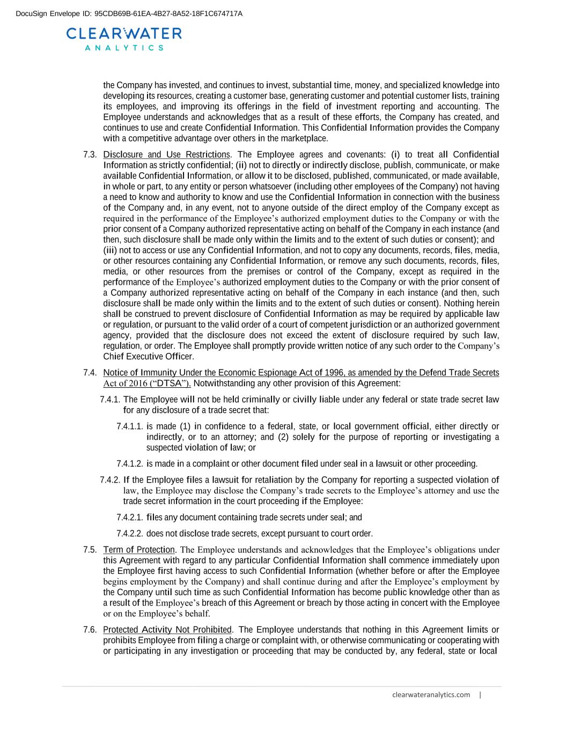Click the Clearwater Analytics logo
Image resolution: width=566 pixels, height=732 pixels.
pos(124,39)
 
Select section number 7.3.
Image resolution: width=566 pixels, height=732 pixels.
pos(90,155)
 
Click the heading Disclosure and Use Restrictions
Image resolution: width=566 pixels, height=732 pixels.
pos(166,155)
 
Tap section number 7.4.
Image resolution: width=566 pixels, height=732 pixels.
pos(90,373)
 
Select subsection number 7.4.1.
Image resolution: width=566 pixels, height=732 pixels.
pos(110,400)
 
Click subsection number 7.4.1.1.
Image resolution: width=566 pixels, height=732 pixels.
pos(129,426)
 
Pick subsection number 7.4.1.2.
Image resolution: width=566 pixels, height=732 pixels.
pos(129,464)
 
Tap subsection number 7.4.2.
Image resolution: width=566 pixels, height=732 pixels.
pos(110,480)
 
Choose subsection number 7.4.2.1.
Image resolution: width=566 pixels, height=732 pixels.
pos(129,517)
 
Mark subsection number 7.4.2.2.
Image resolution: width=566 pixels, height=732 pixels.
pos(129,534)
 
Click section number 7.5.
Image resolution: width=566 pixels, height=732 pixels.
pos(90,550)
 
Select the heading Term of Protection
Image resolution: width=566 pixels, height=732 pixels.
pos(139,550)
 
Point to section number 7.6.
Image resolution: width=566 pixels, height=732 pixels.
pos(90,630)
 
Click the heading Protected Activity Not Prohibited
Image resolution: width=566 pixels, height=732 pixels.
pos(167,630)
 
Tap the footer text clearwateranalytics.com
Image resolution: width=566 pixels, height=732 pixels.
pos(431,695)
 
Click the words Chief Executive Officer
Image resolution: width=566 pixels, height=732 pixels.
pos(148,357)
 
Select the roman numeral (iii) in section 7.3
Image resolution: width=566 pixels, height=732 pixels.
pos(110,250)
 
